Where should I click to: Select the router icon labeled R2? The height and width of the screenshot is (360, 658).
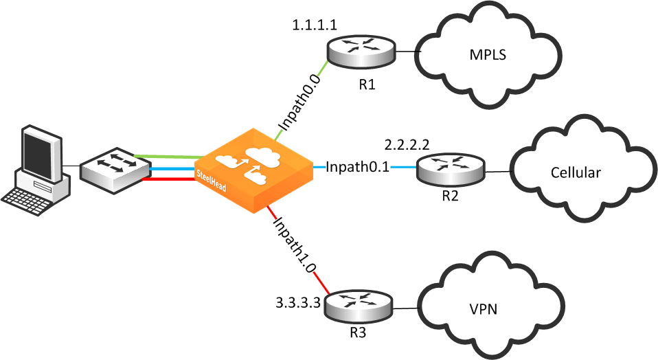point(451,168)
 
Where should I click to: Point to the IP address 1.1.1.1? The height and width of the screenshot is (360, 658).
point(314,25)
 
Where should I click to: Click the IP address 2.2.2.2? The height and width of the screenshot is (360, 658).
point(407,145)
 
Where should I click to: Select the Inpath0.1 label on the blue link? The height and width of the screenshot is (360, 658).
point(357,167)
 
